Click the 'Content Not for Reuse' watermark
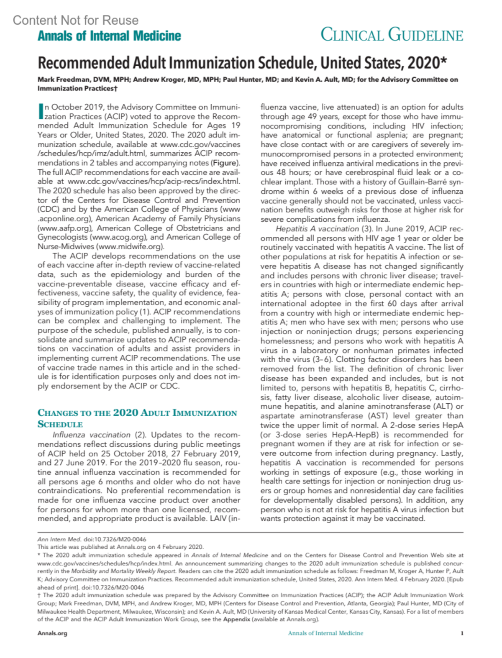click(75, 20)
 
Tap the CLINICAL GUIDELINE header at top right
click(392, 35)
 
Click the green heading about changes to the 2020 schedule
click(137, 418)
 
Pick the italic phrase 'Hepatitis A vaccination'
click(317, 229)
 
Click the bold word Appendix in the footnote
click(237, 620)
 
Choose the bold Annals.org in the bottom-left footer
click(52, 633)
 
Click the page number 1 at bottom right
click(462, 633)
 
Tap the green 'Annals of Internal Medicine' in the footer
click(325, 633)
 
